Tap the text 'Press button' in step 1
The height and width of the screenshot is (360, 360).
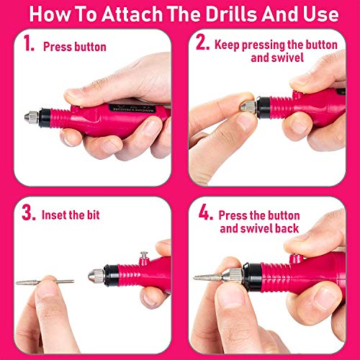coord(75,47)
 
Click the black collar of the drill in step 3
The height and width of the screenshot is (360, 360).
coord(110,274)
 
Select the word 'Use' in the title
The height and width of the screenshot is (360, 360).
coord(316,14)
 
